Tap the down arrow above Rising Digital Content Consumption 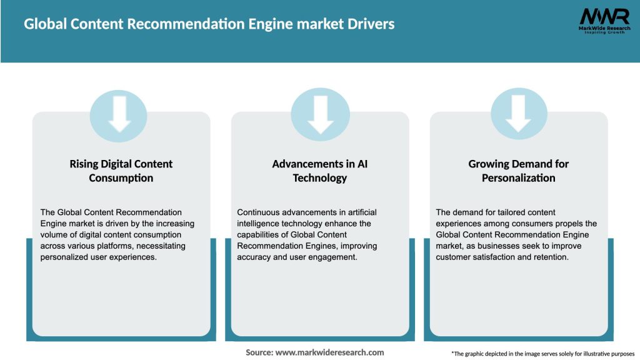pyautogui.click(x=119, y=114)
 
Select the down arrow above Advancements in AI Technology pyautogui.click(x=320, y=114)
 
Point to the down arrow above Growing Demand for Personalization pyautogui.click(x=518, y=114)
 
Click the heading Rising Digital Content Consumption pyautogui.click(x=121, y=171)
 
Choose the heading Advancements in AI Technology pyautogui.click(x=319, y=171)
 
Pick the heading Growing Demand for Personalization pyautogui.click(x=518, y=171)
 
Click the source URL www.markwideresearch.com pyautogui.click(x=330, y=352)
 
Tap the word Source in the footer pyautogui.click(x=259, y=352)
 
